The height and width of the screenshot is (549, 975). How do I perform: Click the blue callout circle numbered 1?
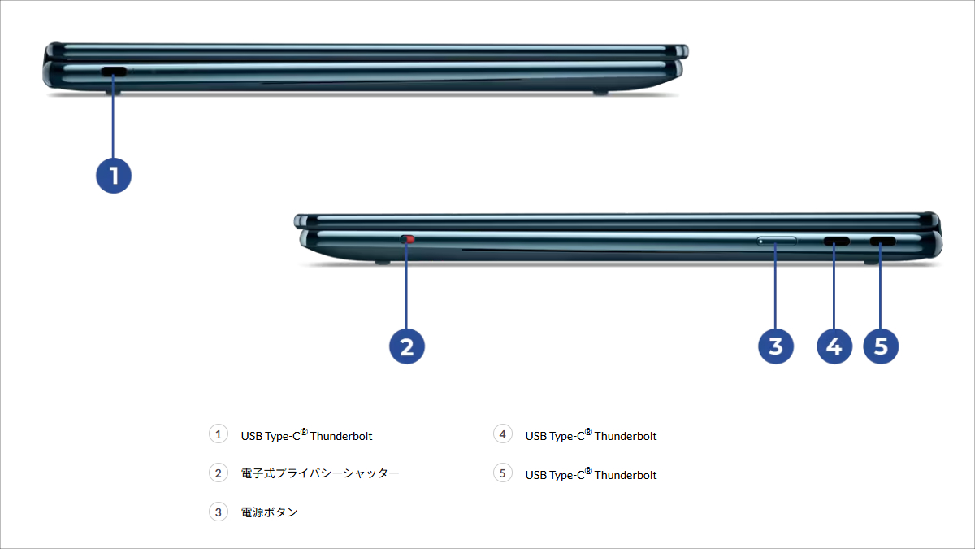114,176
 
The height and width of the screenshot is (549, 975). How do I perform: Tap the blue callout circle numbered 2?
407,346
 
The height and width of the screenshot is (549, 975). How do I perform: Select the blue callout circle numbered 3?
776,346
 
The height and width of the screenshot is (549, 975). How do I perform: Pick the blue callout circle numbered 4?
834,346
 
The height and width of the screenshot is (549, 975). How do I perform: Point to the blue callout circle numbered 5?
882,346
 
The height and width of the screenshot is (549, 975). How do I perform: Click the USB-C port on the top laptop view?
114,72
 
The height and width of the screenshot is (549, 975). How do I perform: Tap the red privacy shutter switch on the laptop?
409,240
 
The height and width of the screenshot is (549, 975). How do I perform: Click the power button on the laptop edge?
777,242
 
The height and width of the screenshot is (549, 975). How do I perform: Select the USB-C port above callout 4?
837,242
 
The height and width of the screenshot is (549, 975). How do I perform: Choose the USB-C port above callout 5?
882,242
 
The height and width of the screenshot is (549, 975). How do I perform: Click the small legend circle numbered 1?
218,434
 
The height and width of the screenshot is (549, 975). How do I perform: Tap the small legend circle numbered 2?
218,473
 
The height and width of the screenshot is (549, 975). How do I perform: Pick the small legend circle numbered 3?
218,512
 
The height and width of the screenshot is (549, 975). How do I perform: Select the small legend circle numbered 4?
503,434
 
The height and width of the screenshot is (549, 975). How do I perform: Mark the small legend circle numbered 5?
503,473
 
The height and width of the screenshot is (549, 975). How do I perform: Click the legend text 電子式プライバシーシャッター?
320,473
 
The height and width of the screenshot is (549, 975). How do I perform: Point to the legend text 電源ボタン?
269,512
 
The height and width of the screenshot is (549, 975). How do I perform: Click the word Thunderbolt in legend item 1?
341,436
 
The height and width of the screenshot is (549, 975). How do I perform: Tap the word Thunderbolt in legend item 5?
626,475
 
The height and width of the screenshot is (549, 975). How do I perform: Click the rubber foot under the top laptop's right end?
600,92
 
